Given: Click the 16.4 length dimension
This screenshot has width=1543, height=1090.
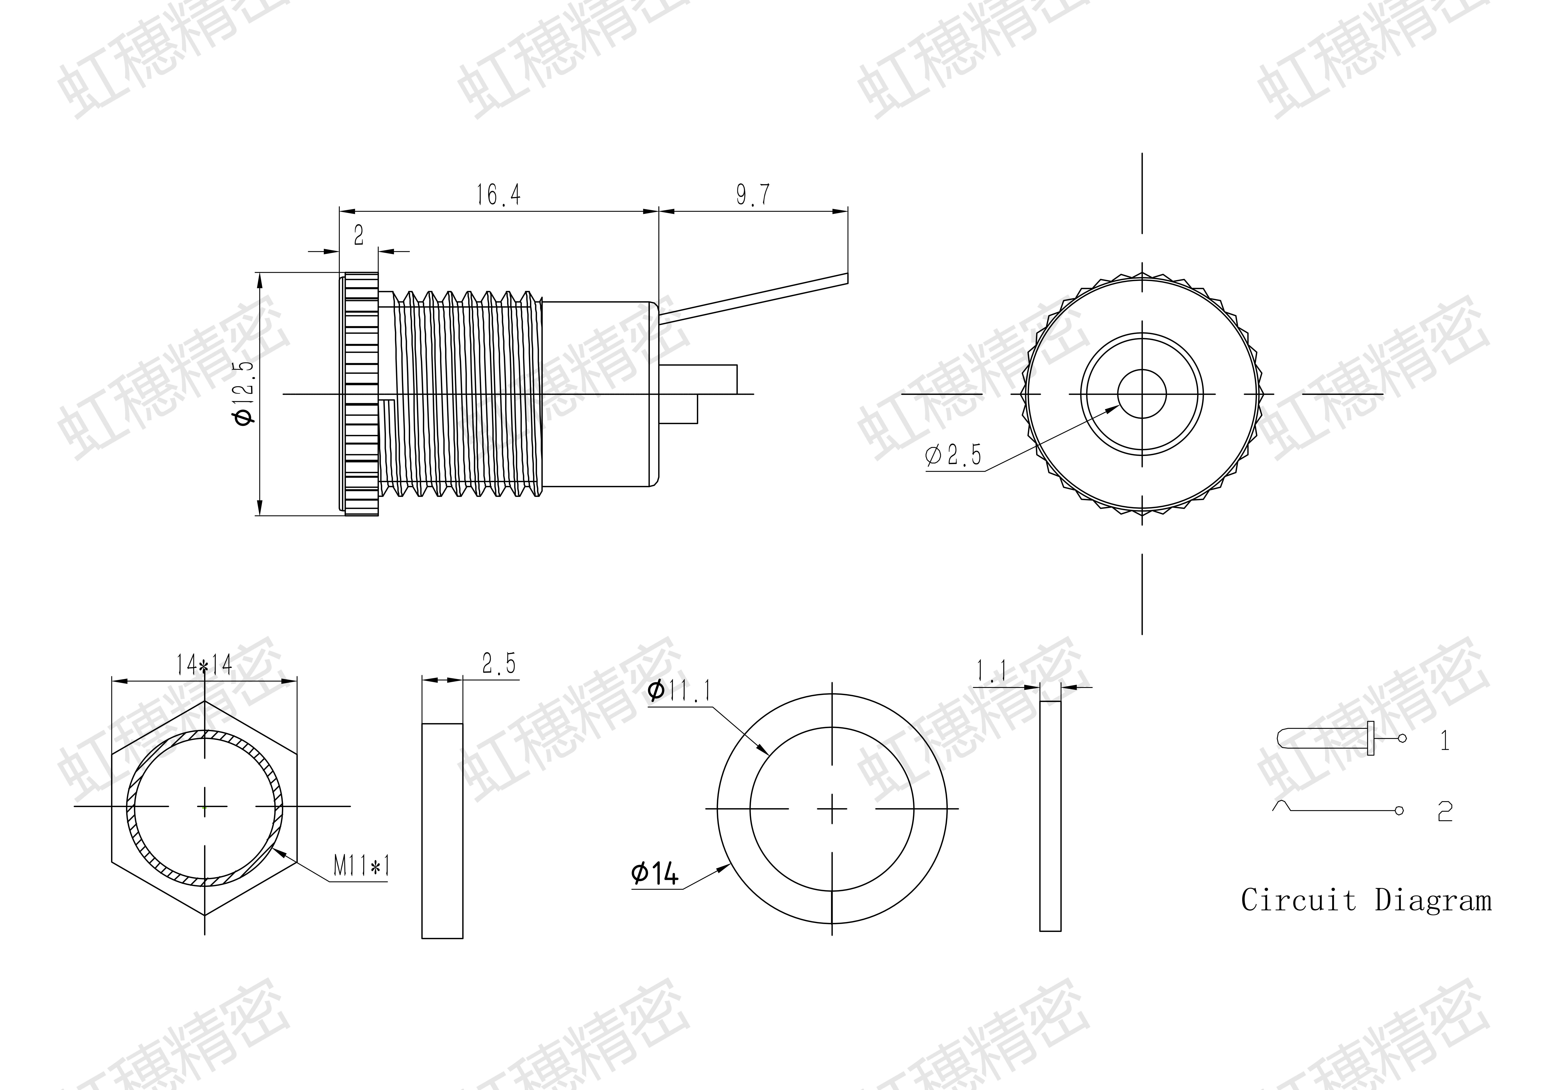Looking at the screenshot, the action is (499, 195).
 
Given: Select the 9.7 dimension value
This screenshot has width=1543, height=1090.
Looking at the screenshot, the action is (753, 195).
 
